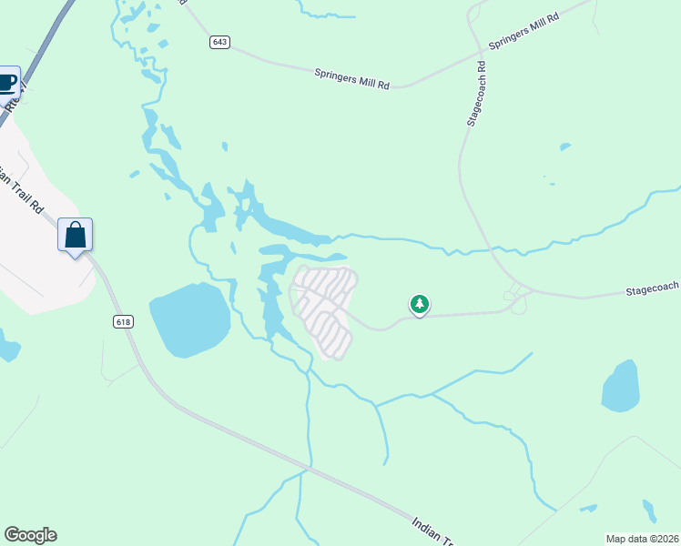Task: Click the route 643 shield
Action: pyautogui.click(x=219, y=42)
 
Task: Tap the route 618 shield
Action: pyautogui.click(x=124, y=321)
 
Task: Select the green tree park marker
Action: pyautogui.click(x=419, y=305)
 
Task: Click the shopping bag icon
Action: pyautogui.click(x=76, y=235)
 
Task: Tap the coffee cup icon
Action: pyautogui.click(x=7, y=83)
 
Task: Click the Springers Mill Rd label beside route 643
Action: pyautogui.click(x=351, y=78)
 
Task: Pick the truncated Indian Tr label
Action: pyautogui.click(x=432, y=531)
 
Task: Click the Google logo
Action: pyautogui.click(x=30, y=535)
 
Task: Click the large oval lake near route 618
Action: pyautogui.click(x=189, y=319)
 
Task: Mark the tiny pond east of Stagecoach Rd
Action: pyautogui.click(x=565, y=146)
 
